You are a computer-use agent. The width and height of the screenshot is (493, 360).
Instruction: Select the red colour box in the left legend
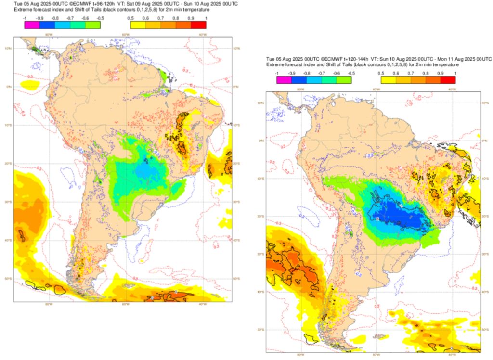click(198, 25)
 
